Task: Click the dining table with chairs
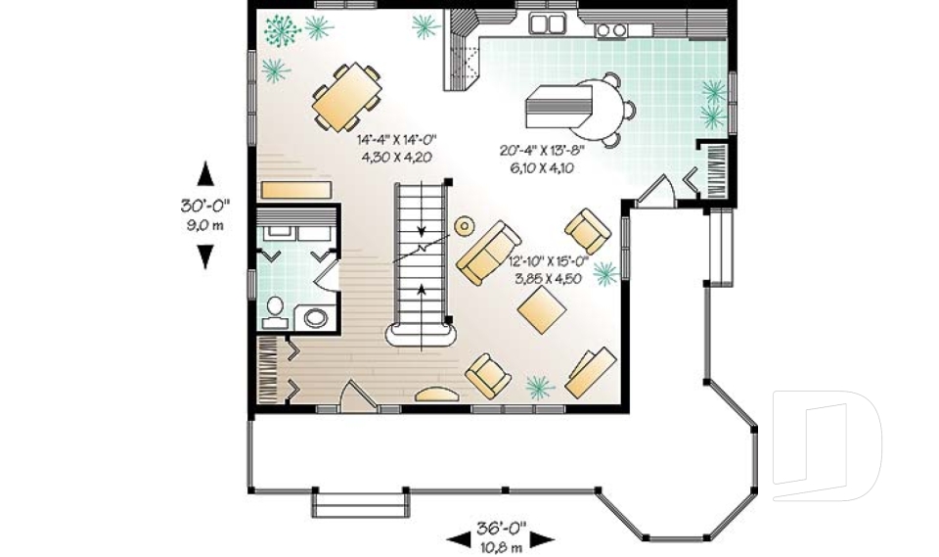click(347, 97)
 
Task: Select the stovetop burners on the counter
click(611, 30)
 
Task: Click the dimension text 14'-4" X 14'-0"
click(395, 141)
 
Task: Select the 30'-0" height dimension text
click(204, 208)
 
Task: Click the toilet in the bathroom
click(275, 311)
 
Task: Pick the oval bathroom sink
click(317, 317)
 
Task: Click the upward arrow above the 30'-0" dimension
click(205, 173)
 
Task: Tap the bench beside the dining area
click(296, 188)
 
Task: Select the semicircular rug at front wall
click(436, 395)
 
